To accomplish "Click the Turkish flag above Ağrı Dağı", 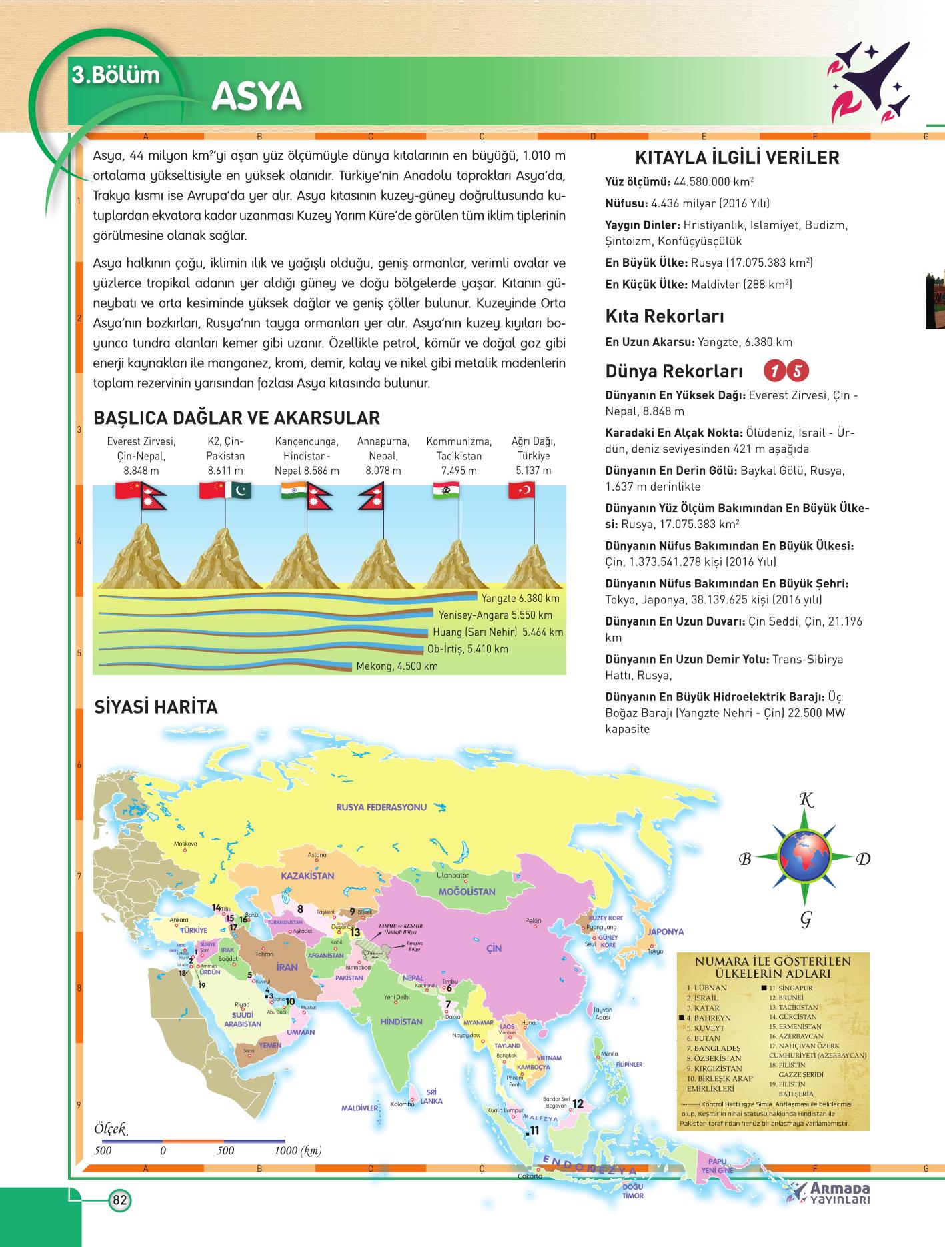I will click(x=522, y=491).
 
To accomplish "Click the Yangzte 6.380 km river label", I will click(x=520, y=598).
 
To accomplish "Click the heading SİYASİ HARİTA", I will click(x=156, y=707).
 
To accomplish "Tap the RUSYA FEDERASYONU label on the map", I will click(x=381, y=807).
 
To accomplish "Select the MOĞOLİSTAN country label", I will click(x=467, y=892).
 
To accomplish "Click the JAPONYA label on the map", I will click(x=665, y=932).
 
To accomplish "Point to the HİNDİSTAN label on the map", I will click(x=401, y=1021).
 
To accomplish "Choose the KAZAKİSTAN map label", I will click(x=307, y=876).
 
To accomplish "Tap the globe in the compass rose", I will click(x=805, y=857).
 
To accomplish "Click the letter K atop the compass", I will click(x=806, y=800).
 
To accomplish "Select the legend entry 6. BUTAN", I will click(x=703, y=1038).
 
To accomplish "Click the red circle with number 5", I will click(x=798, y=371).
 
